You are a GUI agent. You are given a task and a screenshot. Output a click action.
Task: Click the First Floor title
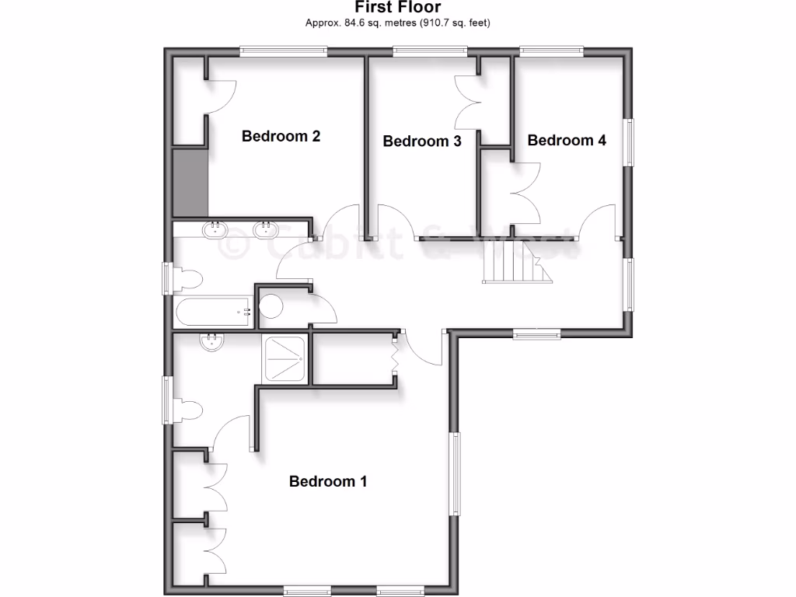(397, 8)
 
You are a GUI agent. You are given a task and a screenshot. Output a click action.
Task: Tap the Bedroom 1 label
(327, 481)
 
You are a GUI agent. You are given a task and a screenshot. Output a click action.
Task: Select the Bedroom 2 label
(281, 136)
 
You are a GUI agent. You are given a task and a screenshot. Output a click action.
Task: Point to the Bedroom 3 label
(422, 141)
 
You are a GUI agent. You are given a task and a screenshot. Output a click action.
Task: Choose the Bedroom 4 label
(567, 140)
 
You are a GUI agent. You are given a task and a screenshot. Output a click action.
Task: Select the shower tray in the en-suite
(285, 358)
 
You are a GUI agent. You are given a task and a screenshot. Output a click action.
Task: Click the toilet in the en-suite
(187, 410)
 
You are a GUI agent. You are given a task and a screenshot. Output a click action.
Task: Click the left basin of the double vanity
(215, 229)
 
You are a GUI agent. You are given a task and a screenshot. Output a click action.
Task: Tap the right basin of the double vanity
(266, 229)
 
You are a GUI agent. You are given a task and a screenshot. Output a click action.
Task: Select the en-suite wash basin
(211, 342)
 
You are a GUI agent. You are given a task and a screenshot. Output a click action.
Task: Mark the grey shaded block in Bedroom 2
(190, 182)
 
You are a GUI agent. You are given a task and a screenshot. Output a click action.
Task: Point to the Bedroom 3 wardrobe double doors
(466, 102)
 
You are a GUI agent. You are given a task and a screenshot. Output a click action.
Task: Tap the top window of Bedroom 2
(282, 51)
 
